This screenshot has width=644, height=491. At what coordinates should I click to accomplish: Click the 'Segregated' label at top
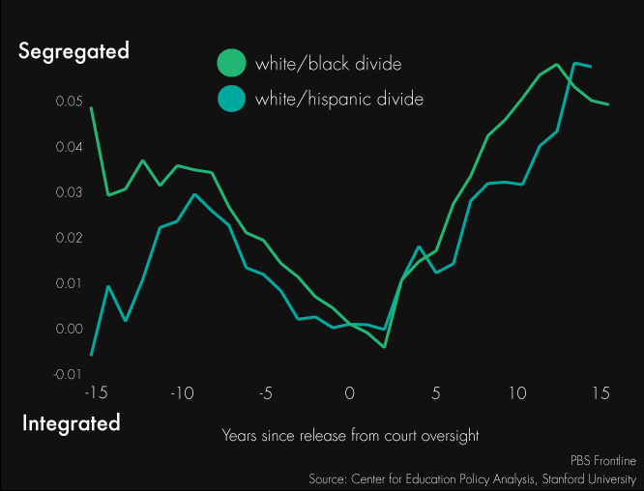tap(73, 51)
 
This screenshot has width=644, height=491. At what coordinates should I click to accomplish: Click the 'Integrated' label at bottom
tap(71, 422)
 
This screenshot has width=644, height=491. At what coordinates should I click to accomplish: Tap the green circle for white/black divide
tap(232, 64)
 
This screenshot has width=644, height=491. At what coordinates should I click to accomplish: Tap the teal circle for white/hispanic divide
tap(232, 98)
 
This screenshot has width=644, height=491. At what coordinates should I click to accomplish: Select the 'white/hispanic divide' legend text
tap(339, 99)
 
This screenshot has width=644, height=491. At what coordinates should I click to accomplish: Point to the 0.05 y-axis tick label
tap(69, 101)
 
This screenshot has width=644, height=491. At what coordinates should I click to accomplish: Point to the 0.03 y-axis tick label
tap(69, 192)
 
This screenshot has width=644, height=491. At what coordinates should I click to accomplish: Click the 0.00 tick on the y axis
tap(69, 330)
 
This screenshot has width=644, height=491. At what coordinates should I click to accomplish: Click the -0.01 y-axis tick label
tap(67, 374)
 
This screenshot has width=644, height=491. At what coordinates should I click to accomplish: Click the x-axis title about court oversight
tap(350, 435)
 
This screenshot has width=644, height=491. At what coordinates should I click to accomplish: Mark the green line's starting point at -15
tap(92, 108)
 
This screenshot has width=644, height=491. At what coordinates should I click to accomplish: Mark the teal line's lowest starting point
tap(92, 355)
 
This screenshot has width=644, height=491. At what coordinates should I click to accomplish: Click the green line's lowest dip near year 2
tap(384, 346)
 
